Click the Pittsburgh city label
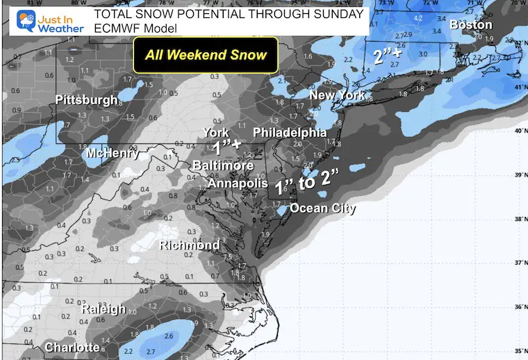pyautogui.click(x=86, y=100)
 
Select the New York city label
pyautogui.click(x=337, y=95)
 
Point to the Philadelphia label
pyautogui.click(x=290, y=132)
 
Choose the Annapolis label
pyautogui.click(x=238, y=183)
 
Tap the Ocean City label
pyautogui.click(x=322, y=208)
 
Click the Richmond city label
pyautogui.click(x=190, y=245)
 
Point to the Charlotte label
pyautogui.click(x=72, y=347)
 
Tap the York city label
pyautogui.click(x=215, y=133)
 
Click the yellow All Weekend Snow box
pyautogui.click(x=205, y=54)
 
